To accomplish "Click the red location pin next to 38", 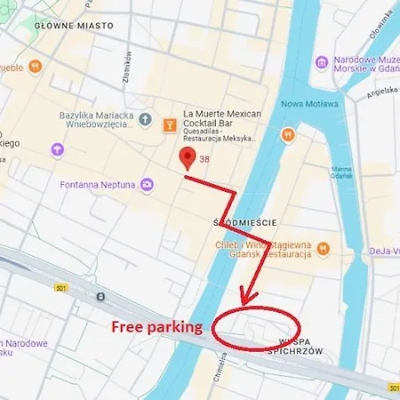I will [x=187, y=158].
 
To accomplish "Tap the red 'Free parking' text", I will [x=156, y=326].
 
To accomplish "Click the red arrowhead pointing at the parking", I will [x=247, y=296].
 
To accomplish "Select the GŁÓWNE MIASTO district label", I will [x=75, y=27].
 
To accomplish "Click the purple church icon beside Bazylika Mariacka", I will [x=57, y=149].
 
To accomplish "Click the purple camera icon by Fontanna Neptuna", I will [x=147, y=185].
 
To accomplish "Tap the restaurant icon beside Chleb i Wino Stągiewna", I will [x=324, y=250].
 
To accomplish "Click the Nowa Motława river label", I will [x=309, y=104].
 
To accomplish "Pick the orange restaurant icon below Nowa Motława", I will [x=287, y=135].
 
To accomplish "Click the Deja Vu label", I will [x=384, y=251].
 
